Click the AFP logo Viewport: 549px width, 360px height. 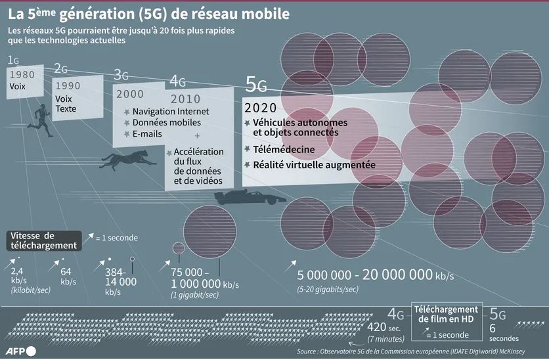pyautogui.click(x=21, y=350)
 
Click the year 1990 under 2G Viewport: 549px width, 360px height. pyautogui.click(x=68, y=86)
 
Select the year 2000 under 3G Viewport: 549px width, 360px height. pyautogui.click(x=129, y=94)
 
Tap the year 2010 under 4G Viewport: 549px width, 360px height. pyautogui.click(x=185, y=99)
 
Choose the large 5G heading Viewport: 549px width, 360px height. pyautogui.click(x=256, y=84)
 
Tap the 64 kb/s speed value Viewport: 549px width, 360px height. pyautogui.click(x=66, y=275)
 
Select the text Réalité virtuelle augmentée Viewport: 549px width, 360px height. pyautogui.click(x=314, y=165)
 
